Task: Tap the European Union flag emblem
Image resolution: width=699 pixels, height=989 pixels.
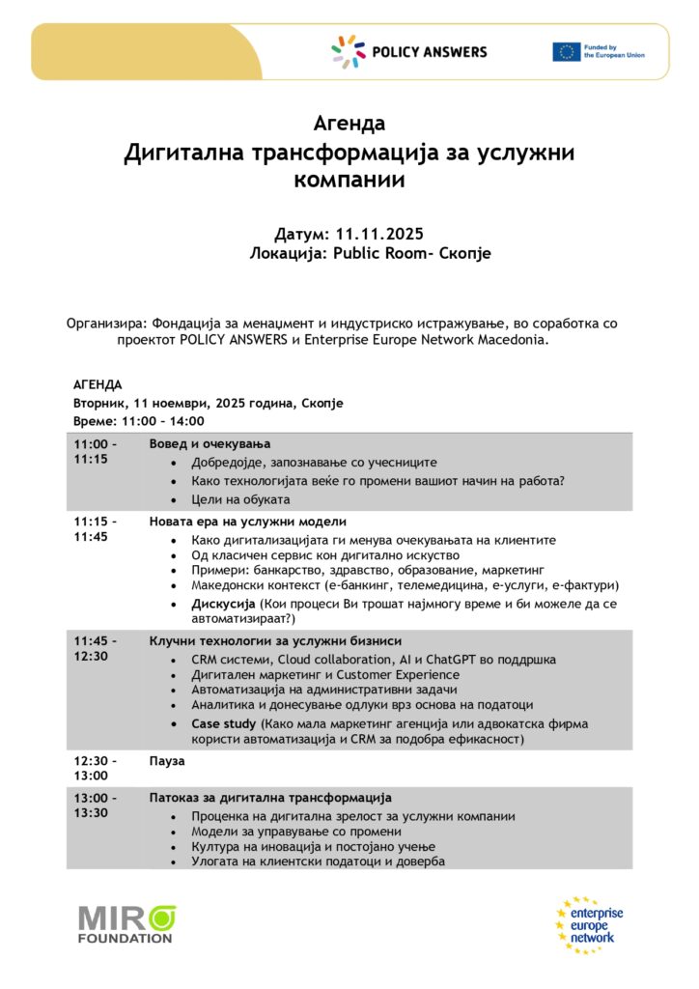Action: pos(566,52)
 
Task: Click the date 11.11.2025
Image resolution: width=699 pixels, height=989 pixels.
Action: pos(379,235)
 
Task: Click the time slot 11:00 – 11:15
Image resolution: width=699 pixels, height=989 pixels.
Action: pos(95,451)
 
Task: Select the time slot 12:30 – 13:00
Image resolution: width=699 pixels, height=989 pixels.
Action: pos(95,768)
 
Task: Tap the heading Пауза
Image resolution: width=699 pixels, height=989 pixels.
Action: pos(166,760)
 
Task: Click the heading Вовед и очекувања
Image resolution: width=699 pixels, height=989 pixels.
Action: pos(210,443)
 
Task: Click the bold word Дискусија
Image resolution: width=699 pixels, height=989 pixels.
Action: pos(223,604)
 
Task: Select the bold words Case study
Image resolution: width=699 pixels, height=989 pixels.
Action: pos(224,723)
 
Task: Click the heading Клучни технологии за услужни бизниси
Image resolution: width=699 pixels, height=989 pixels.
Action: pos(275,641)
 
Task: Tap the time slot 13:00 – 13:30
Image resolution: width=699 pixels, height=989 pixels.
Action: pos(95,805)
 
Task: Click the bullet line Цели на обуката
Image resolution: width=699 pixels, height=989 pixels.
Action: pos(240,499)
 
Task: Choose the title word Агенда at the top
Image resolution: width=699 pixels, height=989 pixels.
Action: pos(349,124)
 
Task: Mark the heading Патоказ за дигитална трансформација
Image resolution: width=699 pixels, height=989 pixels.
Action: pos(270,798)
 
